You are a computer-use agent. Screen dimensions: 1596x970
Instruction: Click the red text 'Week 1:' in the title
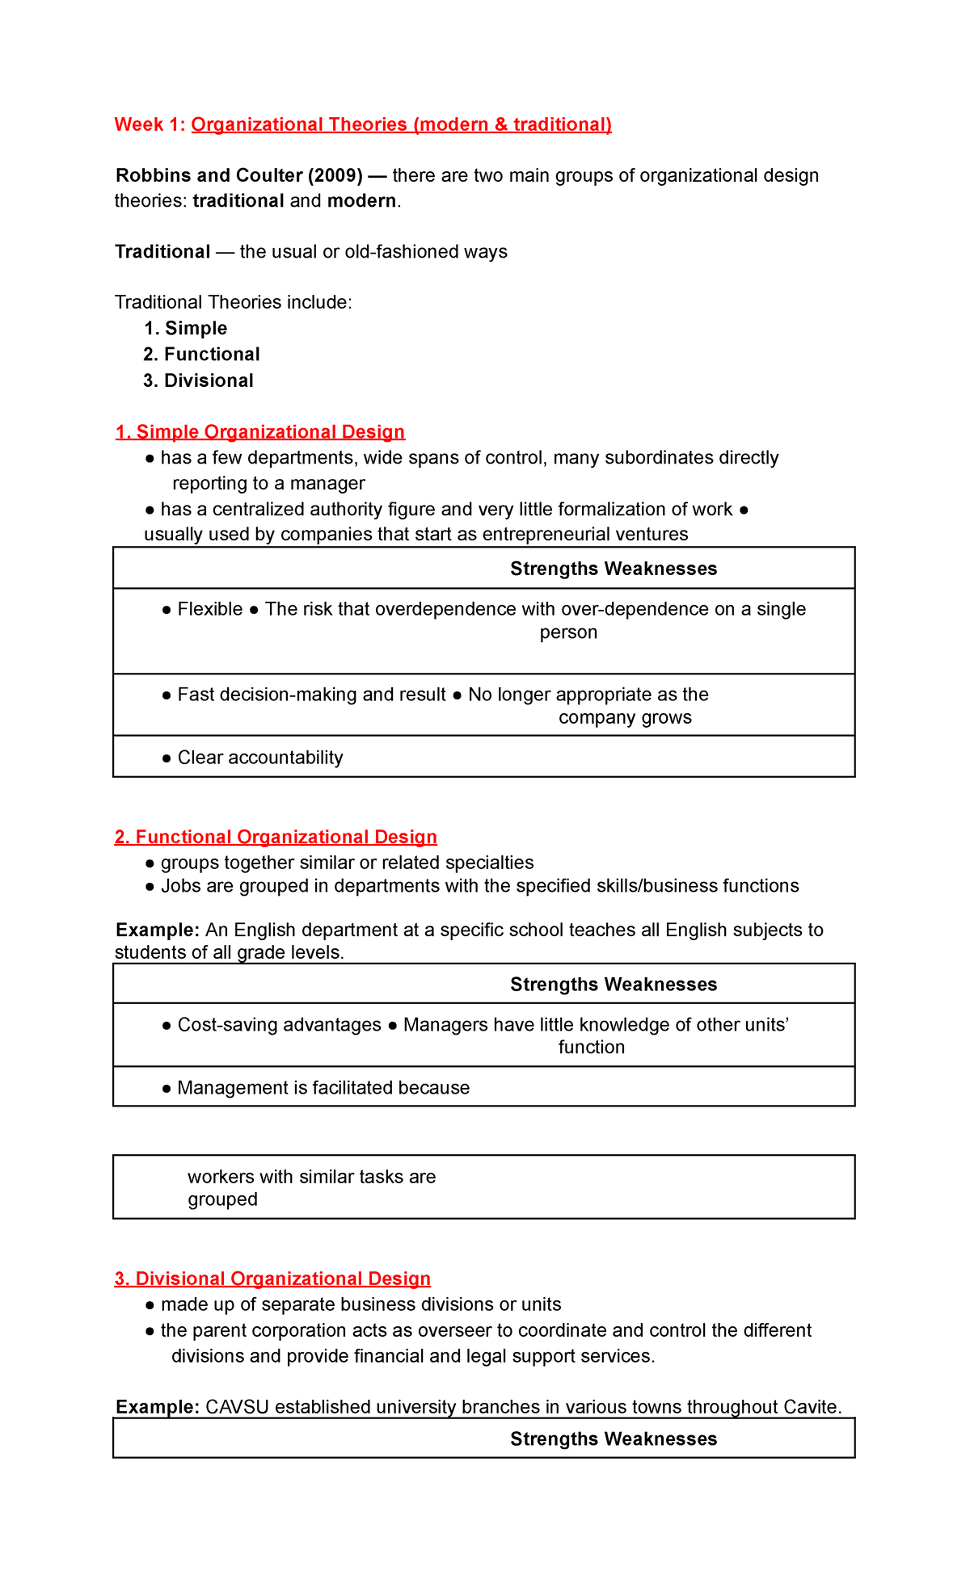[x=150, y=124]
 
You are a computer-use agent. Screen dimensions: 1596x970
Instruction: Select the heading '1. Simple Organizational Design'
[x=259, y=432]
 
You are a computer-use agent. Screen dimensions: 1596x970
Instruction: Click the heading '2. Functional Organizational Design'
[x=276, y=837]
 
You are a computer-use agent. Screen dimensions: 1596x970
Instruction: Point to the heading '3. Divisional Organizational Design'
[x=272, y=1279]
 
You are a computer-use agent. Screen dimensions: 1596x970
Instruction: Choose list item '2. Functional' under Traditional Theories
[x=201, y=355]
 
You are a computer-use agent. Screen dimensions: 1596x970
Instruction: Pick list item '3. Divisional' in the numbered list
[x=198, y=380]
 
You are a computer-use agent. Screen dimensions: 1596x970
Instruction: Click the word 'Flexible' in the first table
[x=209, y=609]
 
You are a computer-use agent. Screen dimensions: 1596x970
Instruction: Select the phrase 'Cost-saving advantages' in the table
[x=279, y=1025]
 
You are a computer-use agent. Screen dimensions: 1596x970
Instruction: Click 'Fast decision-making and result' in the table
[x=311, y=695]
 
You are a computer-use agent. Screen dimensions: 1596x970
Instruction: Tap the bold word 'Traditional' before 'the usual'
[x=162, y=252]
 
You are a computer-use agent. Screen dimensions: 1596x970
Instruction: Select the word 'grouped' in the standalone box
[x=222, y=1199]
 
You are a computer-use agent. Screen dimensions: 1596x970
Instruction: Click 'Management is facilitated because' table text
[x=323, y=1088]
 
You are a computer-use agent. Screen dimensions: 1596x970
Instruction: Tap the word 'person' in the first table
[x=568, y=632]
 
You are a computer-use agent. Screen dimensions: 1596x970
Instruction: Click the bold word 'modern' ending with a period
[x=361, y=201]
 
